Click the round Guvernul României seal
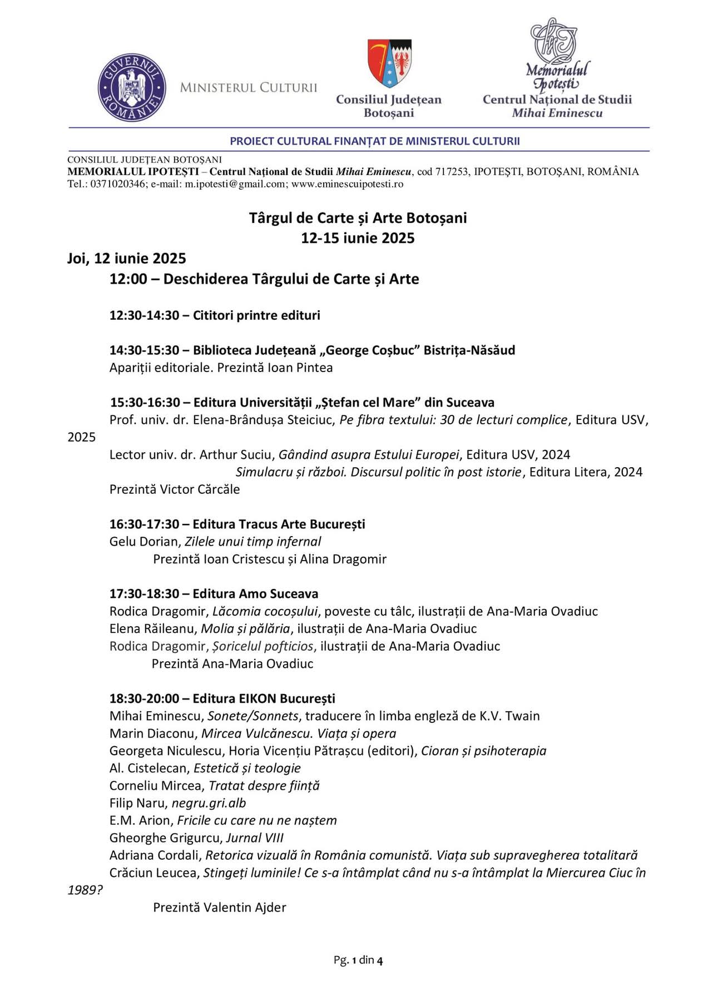[131, 88]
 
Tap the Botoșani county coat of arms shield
[389, 62]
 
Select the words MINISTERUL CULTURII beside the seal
[248, 88]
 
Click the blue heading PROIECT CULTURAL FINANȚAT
[375, 141]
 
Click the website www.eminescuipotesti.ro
[347, 184]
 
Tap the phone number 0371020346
[119, 184]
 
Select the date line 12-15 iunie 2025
[358, 238]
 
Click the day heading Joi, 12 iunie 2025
[126, 259]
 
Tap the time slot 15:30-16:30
[145, 402]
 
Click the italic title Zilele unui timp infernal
[252, 542]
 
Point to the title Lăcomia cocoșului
[265, 611]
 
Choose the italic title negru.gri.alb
[209, 803]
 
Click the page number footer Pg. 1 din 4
[358, 960]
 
